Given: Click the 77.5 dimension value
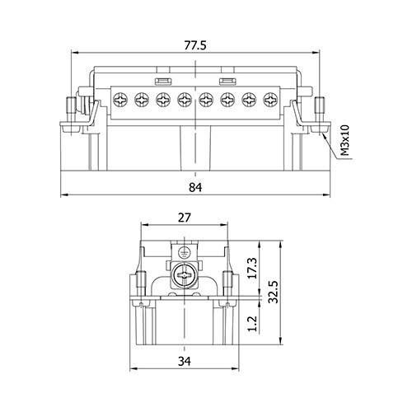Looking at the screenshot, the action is [x=195, y=45].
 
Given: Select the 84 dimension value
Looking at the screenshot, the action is [x=195, y=187].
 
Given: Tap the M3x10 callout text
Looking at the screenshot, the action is [x=344, y=140].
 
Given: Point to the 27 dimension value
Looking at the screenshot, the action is [x=184, y=218].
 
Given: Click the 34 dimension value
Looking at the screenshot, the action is [x=184, y=361].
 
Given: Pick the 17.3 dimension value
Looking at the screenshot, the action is [x=252, y=269].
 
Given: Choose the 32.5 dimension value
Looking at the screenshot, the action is [x=274, y=292].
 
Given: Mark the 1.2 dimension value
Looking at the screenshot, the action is [x=252, y=324].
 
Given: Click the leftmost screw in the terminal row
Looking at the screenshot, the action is [x=120, y=100].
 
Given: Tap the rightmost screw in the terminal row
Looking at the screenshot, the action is [x=270, y=100].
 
